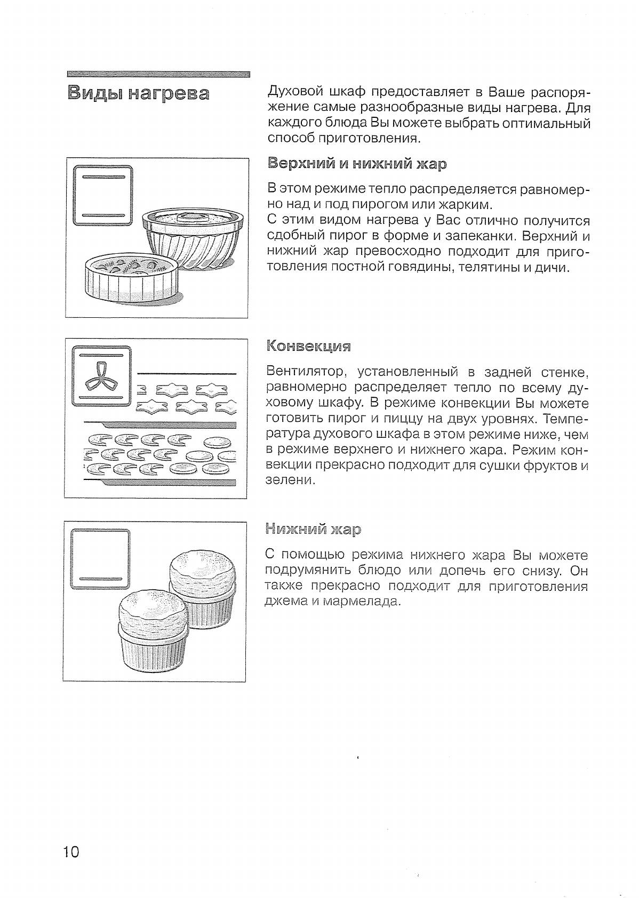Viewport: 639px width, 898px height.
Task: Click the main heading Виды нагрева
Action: (138, 94)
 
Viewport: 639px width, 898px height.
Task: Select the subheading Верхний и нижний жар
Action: (356, 164)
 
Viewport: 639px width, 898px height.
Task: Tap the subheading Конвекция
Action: (308, 347)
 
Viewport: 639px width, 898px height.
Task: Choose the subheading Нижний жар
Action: (313, 530)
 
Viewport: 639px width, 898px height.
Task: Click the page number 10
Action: (71, 852)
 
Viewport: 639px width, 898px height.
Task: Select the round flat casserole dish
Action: (131, 278)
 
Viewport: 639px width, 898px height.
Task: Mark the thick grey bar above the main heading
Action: (159, 74)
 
